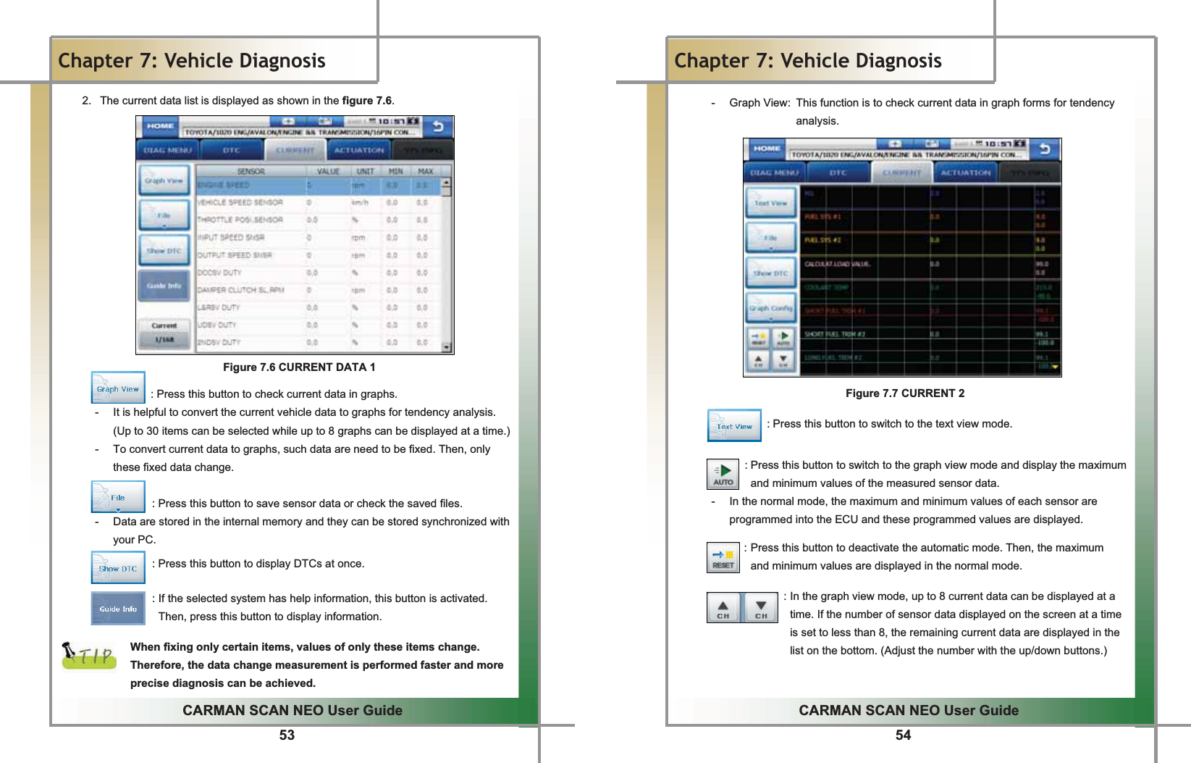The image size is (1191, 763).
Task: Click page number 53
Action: pyautogui.click(x=287, y=735)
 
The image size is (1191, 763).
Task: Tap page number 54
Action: pyautogui.click(x=903, y=735)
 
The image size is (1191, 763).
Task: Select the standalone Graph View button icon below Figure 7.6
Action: pyautogui.click(x=118, y=388)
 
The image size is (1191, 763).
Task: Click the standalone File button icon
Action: pyautogui.click(x=118, y=497)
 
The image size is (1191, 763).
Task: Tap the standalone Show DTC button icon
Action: pyautogui.click(x=118, y=567)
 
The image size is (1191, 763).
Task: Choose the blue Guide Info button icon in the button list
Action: pyautogui.click(x=118, y=609)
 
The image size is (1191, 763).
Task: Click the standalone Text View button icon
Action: pyautogui.click(x=734, y=425)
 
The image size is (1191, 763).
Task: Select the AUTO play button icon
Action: pyautogui.click(x=723, y=475)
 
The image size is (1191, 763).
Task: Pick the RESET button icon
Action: pyautogui.click(x=723, y=558)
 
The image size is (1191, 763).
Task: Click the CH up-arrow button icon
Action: pyautogui.click(x=723, y=608)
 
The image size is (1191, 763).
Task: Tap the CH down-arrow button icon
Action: pyautogui.click(x=761, y=608)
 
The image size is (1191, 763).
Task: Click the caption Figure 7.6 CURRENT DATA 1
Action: pyautogui.click(x=299, y=367)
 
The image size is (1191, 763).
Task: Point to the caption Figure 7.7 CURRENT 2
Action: pyautogui.click(x=905, y=393)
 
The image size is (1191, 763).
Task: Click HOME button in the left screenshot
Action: pyautogui.click(x=160, y=126)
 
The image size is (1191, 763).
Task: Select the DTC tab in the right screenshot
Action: pyautogui.click(x=838, y=173)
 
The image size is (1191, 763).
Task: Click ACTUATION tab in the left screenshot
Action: pyautogui.click(x=359, y=151)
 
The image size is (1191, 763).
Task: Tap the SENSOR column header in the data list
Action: pyautogui.click(x=251, y=172)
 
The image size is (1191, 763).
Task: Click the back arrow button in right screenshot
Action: pyautogui.click(x=1045, y=149)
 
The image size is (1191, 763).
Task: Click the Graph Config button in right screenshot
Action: pyautogui.click(x=771, y=309)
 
